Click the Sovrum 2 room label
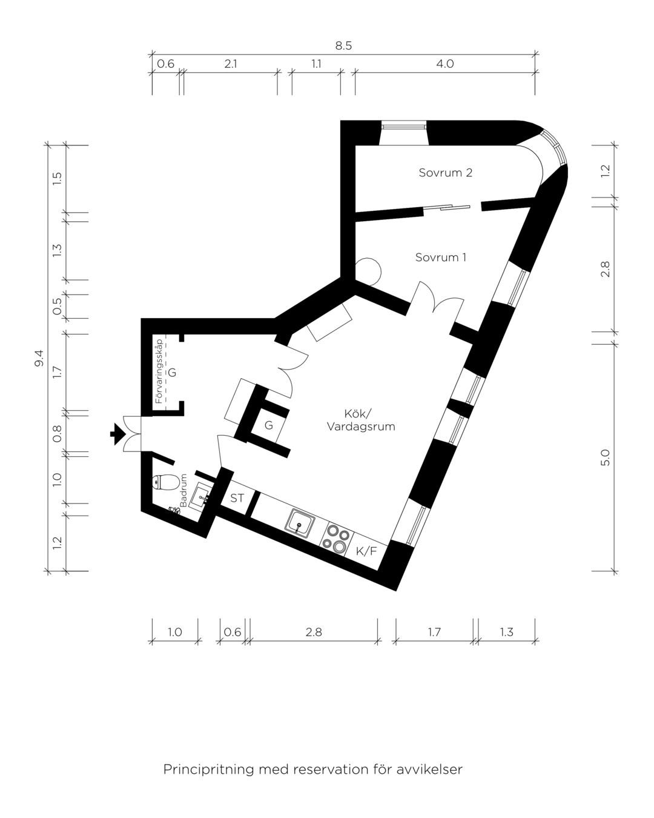(x=445, y=173)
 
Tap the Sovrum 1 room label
(x=440, y=258)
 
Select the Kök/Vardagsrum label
(x=361, y=420)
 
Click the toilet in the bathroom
(x=165, y=483)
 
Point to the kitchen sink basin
(x=300, y=525)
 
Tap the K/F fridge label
(x=366, y=551)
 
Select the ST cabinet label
(x=237, y=498)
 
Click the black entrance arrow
(x=117, y=434)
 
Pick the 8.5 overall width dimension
(x=343, y=46)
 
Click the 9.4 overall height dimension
(x=39, y=358)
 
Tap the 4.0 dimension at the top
(x=444, y=64)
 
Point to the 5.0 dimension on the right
(x=606, y=457)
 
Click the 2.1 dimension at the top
(x=230, y=64)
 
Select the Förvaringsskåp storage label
(x=159, y=371)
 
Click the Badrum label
(x=183, y=490)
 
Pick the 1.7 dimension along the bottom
(x=434, y=632)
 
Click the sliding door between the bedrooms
(x=447, y=207)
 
